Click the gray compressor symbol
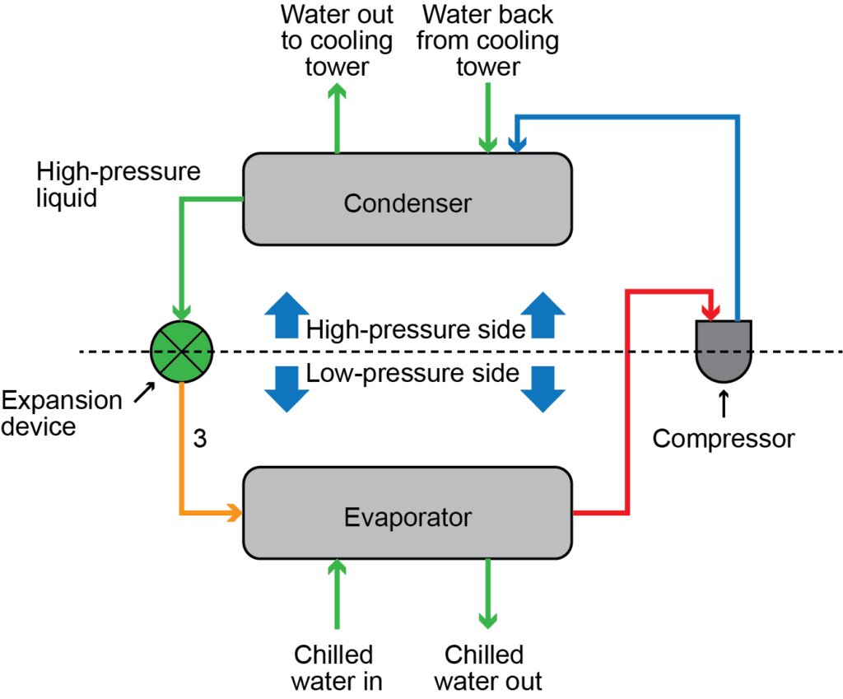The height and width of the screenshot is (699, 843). [724, 349]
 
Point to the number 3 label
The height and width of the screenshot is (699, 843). [200, 439]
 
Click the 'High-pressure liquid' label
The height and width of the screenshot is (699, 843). [119, 185]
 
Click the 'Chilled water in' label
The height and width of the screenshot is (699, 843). [333, 668]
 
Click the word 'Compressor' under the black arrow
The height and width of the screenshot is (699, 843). [724, 439]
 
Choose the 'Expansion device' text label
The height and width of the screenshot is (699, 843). [62, 413]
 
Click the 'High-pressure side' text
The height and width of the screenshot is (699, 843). [416, 330]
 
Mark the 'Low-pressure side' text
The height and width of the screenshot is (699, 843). [412, 374]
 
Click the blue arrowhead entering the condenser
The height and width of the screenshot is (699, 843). [517, 144]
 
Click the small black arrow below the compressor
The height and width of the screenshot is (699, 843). [724, 403]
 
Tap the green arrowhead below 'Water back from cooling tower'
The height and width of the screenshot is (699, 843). [488, 144]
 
